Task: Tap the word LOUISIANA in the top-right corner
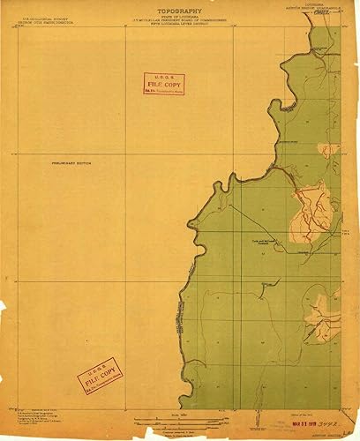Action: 314,4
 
